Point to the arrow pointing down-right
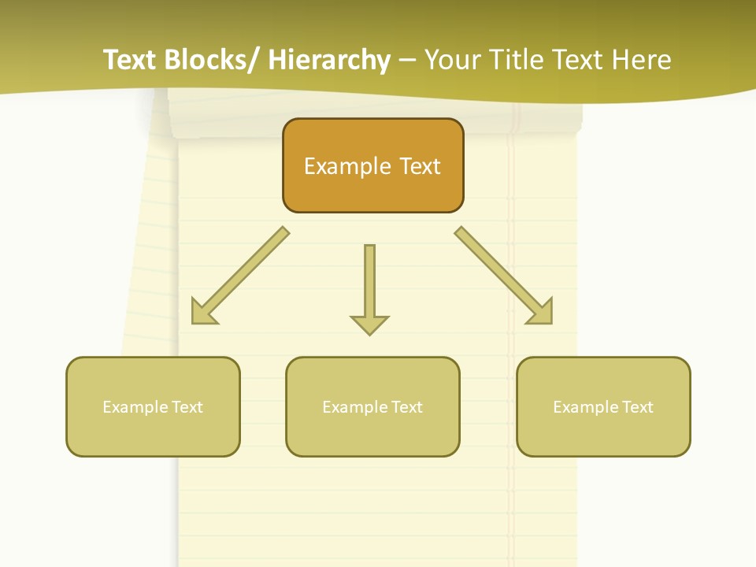point(501,272)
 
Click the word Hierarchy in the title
point(329,60)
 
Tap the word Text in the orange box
point(420,166)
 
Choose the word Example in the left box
point(135,407)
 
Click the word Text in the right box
point(637,407)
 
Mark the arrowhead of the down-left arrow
point(203,313)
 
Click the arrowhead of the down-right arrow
point(541,312)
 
